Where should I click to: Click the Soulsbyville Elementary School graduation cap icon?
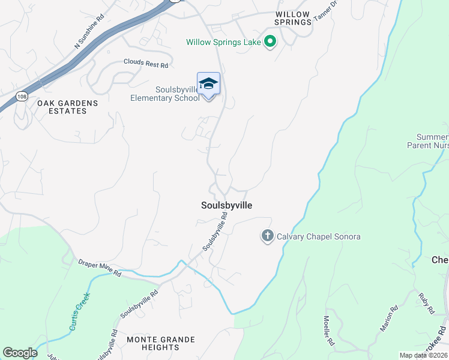208,83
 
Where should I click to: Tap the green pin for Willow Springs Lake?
270,42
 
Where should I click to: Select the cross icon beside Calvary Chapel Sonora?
267,236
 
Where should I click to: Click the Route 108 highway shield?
22,97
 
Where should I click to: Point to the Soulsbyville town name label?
226,205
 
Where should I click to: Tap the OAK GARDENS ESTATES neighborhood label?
67,107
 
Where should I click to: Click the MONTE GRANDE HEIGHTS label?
161,344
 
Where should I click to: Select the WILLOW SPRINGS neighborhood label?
294,18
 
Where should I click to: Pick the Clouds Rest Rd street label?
146,62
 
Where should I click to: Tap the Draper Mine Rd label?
100,268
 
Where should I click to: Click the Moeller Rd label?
328,331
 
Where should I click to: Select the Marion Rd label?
388,319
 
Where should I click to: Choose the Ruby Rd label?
427,304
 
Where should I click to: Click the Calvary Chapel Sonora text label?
318,236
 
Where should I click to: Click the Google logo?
20,353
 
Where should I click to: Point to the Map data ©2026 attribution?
424,355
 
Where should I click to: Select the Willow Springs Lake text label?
224,42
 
